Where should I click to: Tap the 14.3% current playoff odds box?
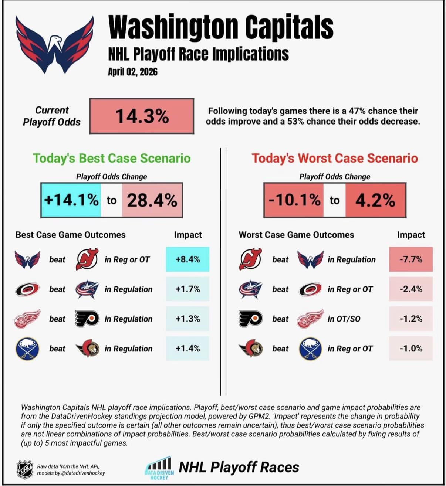point(142,116)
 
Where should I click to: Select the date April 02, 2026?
point(133,71)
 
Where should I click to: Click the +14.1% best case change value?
point(71,200)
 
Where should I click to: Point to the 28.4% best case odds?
point(152,200)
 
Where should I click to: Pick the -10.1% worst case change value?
point(294,200)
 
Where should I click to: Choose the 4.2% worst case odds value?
point(375,200)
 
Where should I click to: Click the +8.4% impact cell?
point(187,259)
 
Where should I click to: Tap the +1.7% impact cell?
point(187,289)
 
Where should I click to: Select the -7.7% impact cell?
point(410,259)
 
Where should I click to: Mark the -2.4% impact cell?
point(410,289)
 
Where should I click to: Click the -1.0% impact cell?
point(410,349)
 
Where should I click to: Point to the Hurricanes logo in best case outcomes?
point(27,289)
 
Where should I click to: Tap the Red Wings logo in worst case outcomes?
point(310,319)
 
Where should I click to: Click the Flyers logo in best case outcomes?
point(87,319)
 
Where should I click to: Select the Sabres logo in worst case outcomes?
point(310,349)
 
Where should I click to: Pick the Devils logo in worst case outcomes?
point(250,259)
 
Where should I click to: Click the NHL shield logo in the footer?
point(25,469)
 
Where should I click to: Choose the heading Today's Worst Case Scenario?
point(335,158)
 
